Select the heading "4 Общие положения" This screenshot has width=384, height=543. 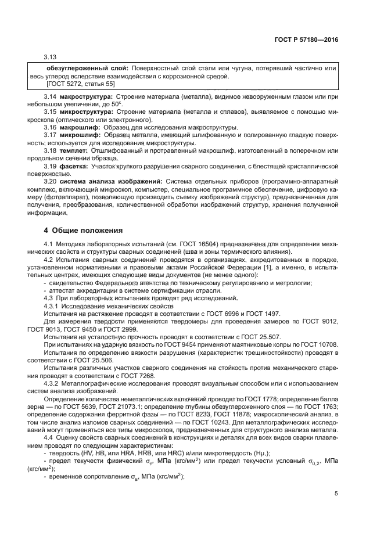(x=84, y=229)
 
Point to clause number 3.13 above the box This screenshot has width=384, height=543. (x=51, y=56)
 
